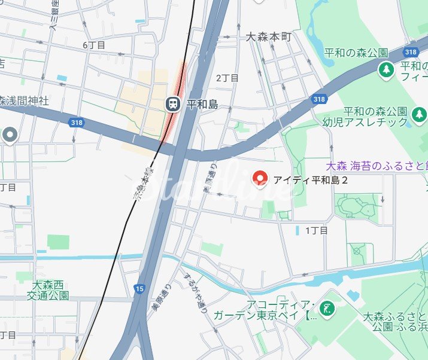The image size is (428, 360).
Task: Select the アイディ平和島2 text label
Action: tap(311, 179)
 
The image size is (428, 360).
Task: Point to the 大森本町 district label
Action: tap(269, 37)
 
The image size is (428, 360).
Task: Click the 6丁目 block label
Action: tap(94, 45)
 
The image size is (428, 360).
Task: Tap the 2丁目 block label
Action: tap(227, 78)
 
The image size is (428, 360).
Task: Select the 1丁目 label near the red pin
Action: tap(317, 230)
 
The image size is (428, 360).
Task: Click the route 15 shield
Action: tap(139, 289)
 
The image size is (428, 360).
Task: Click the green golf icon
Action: tap(327, 309)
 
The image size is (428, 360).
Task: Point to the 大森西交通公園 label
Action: tap(51, 290)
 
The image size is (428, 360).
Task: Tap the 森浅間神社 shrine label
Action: tap(24, 100)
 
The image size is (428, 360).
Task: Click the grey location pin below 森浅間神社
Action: tap(9, 135)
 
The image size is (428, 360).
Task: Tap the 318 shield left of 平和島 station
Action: tap(76, 123)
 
